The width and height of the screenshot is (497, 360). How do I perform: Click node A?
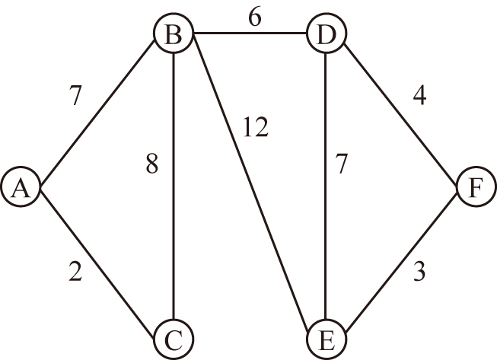[21, 187]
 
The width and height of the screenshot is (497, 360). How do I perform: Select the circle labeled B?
[174, 33]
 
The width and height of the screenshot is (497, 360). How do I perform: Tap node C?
[174, 339]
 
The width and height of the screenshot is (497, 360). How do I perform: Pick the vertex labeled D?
[327, 33]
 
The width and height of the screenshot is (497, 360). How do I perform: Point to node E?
[327, 339]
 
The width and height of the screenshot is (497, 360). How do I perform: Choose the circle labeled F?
[476, 187]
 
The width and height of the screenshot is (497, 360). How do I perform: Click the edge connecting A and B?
[97, 112]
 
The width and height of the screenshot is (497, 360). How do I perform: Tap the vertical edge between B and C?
[174, 186]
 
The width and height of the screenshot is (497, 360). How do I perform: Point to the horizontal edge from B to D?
[250, 33]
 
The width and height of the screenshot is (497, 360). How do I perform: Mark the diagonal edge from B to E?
[250, 183]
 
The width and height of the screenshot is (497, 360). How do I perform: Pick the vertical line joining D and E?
[326, 186]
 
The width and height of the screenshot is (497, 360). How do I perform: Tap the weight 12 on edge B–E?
[256, 127]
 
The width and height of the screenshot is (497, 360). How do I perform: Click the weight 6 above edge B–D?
[255, 17]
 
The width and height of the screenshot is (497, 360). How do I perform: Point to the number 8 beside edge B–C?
[152, 164]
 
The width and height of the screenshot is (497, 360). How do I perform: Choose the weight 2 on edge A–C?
[75, 271]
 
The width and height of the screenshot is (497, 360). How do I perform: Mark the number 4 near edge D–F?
[419, 95]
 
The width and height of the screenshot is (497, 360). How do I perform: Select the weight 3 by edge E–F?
[419, 271]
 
